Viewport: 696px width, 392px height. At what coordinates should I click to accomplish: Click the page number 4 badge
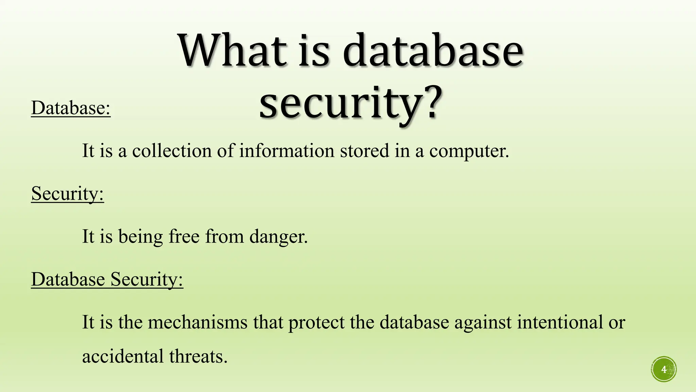(664, 369)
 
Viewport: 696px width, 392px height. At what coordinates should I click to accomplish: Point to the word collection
(172, 150)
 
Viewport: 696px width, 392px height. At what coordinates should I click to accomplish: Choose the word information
(286, 150)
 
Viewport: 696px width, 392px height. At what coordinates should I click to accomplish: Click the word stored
(364, 150)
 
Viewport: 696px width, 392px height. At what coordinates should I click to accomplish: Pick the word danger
(278, 237)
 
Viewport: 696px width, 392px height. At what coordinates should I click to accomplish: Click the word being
(140, 237)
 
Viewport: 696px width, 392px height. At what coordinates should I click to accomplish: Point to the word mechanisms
(198, 322)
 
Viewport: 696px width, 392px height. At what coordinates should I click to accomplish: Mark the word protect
(316, 323)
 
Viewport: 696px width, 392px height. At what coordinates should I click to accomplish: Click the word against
(483, 323)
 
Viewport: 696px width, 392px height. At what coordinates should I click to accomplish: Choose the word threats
(198, 356)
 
